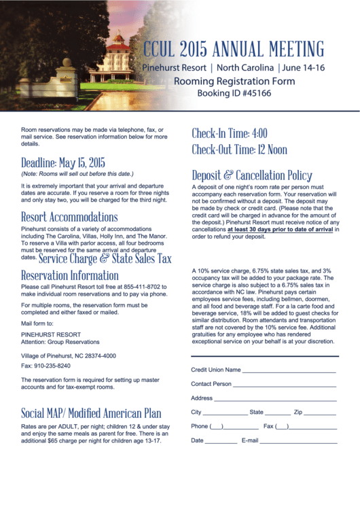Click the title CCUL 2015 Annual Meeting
pos(233,50)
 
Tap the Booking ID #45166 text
pos(234,93)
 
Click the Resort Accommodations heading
pos(69,217)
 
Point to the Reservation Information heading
pos(70,275)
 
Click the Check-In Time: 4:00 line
pos(230,133)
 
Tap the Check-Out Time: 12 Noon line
pos(239,150)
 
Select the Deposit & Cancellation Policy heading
pos(252,175)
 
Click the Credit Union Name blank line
pos(289,371)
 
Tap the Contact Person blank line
pos(285,385)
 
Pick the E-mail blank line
pos(299,442)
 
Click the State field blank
pos(278,413)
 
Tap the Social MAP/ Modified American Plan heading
pos(91,413)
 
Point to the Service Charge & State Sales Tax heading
pos(105,259)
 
